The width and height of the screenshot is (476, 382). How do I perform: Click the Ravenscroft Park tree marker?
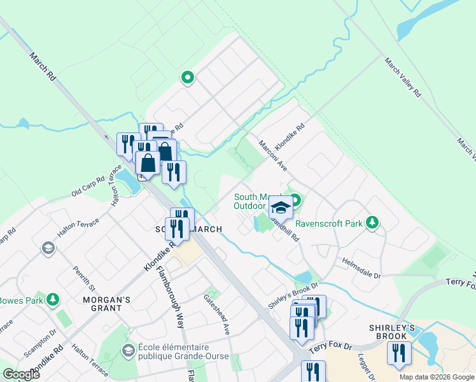pyautogui.click(x=372, y=223)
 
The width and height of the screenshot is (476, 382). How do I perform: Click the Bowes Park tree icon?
pyautogui.click(x=54, y=300)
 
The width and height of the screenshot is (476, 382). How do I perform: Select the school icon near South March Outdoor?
pyautogui.click(x=280, y=208)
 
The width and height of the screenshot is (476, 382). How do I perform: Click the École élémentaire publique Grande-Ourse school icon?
pyautogui.click(x=129, y=351)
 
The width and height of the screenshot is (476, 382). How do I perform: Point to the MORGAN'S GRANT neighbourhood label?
pyautogui.click(x=102, y=303)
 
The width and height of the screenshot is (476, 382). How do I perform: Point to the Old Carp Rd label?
pyautogui.click(x=88, y=187)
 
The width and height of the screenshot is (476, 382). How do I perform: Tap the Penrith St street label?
pyautogui.click(x=83, y=279)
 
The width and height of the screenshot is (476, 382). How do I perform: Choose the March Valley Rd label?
pyautogui.click(x=402, y=77)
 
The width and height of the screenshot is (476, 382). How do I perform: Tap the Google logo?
pyautogui.click(x=21, y=374)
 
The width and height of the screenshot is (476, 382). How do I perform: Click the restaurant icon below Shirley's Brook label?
pyautogui.click(x=399, y=353)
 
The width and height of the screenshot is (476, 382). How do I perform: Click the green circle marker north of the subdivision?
pyautogui.click(x=188, y=78)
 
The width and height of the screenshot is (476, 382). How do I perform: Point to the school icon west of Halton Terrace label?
pyautogui.click(x=48, y=248)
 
